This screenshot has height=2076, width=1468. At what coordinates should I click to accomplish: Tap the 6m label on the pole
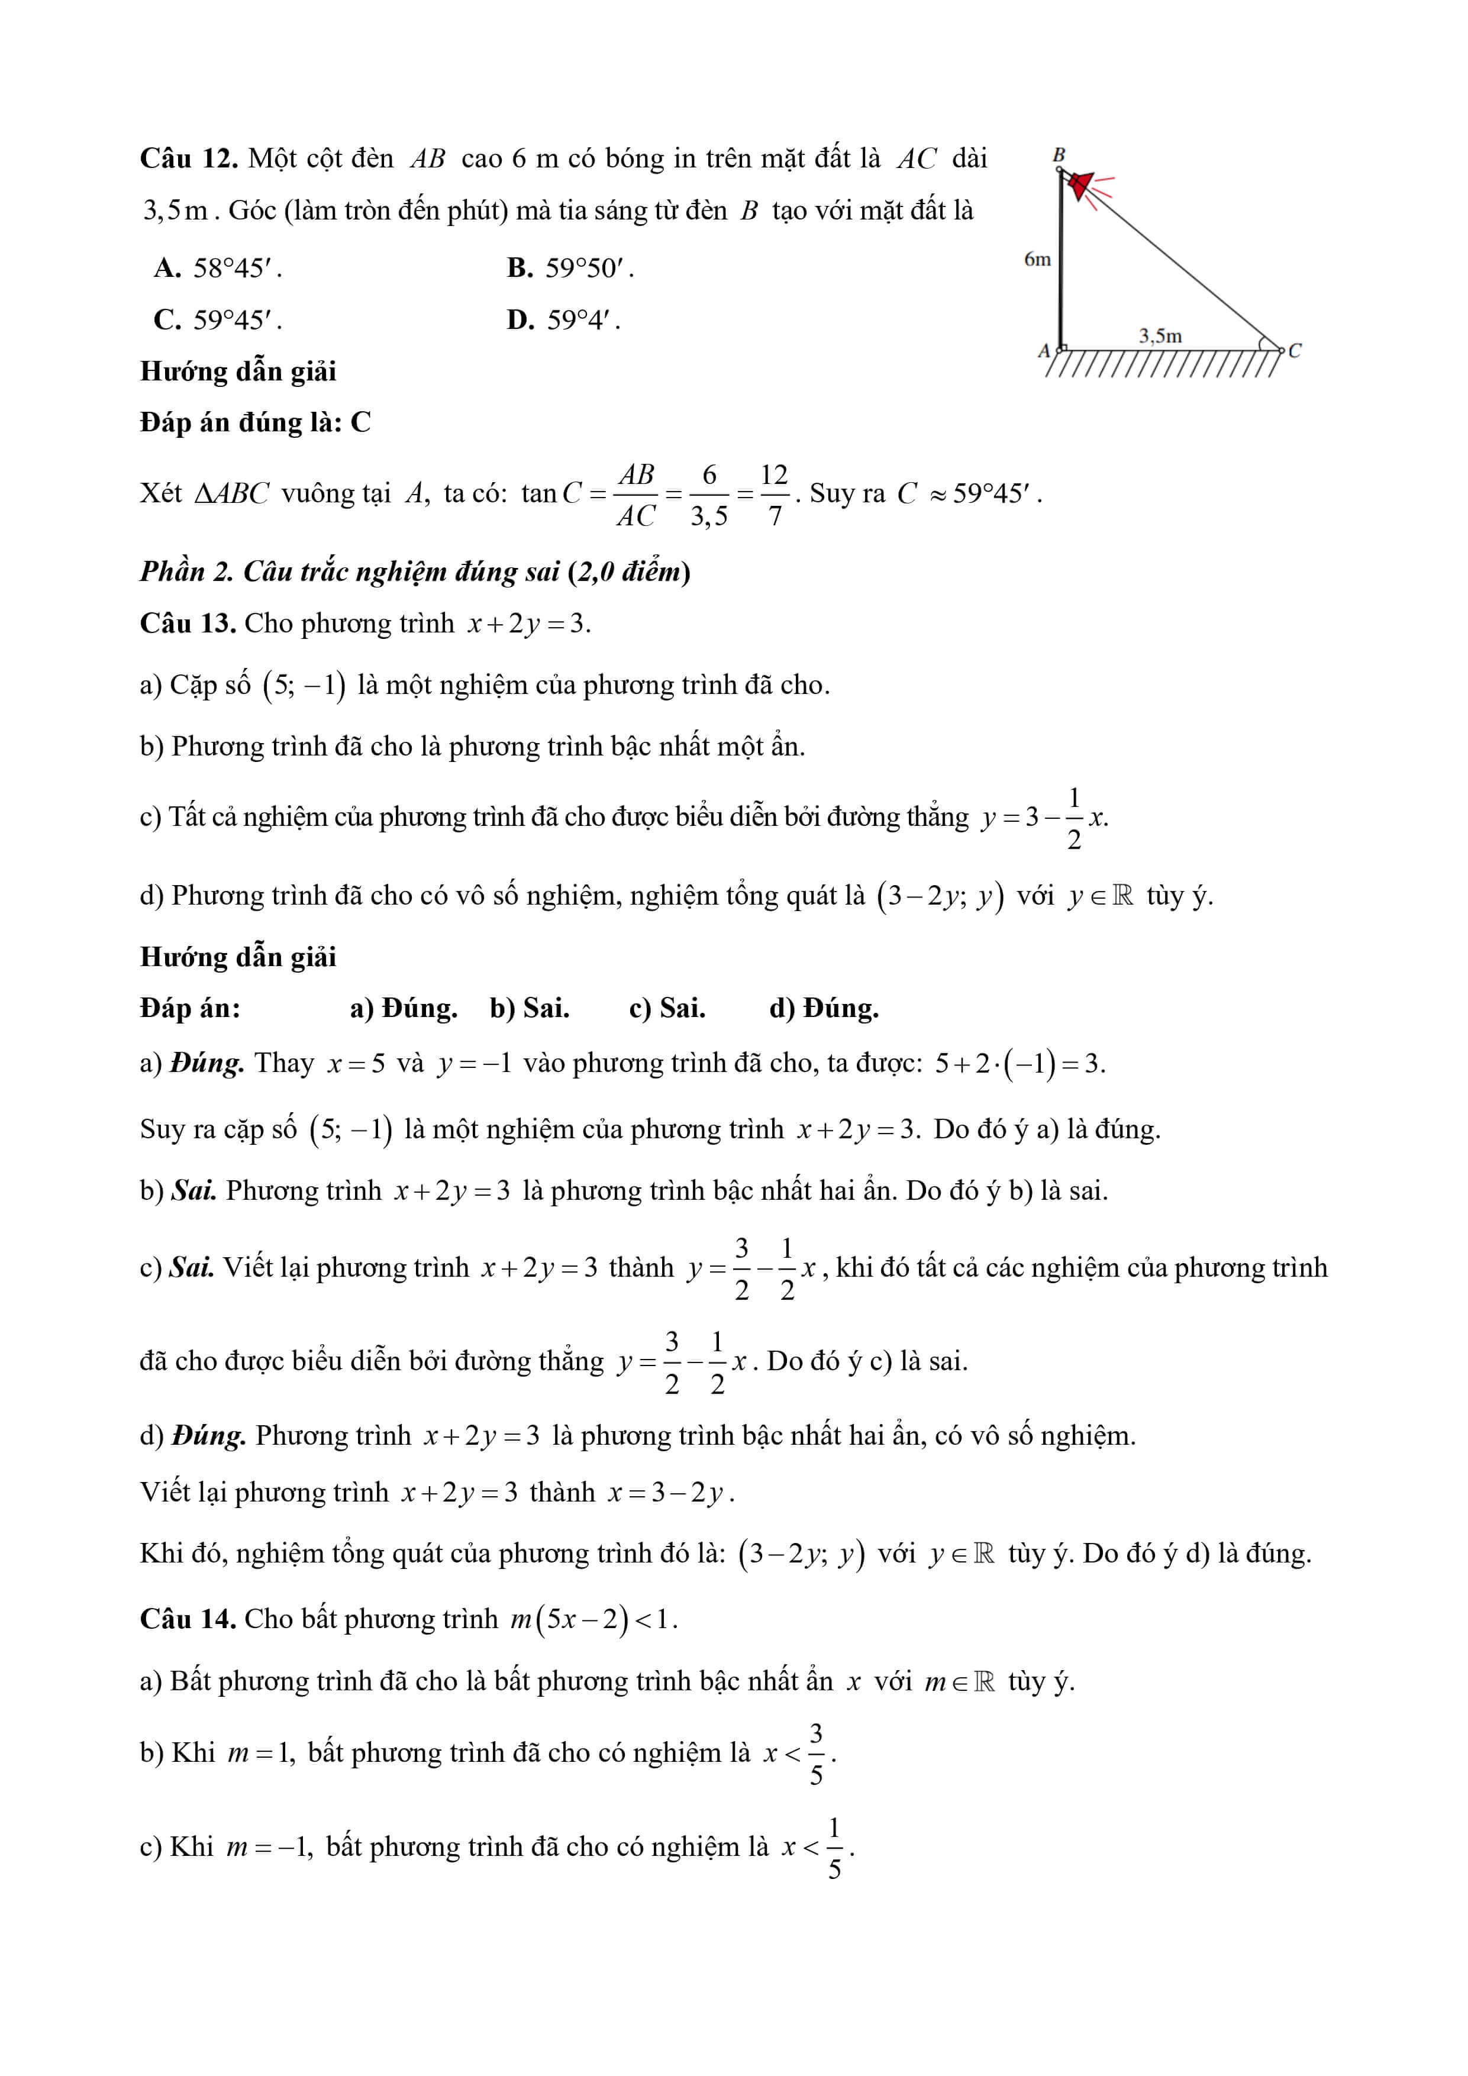pos(1037,260)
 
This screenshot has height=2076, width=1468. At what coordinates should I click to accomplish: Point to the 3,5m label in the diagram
pos(1160,337)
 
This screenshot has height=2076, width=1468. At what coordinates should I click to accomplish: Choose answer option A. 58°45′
pos(218,267)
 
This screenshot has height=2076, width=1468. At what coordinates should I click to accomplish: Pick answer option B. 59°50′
pos(570,267)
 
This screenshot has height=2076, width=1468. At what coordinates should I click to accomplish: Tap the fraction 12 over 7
pos(775,495)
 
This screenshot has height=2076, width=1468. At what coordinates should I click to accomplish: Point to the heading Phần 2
pos(185,572)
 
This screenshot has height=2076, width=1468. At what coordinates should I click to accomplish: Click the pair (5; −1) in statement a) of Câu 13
pos(305,685)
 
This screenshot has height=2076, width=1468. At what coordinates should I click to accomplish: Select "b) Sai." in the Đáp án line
pos(529,1008)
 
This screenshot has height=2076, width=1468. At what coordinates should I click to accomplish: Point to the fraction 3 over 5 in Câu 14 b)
pos(816,1755)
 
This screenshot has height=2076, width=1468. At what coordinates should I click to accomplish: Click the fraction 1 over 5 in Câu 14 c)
pos(834,1849)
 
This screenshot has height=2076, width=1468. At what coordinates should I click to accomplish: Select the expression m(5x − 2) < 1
pos(592,1619)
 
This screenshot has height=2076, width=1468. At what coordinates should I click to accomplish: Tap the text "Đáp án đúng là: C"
pos(255,422)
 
